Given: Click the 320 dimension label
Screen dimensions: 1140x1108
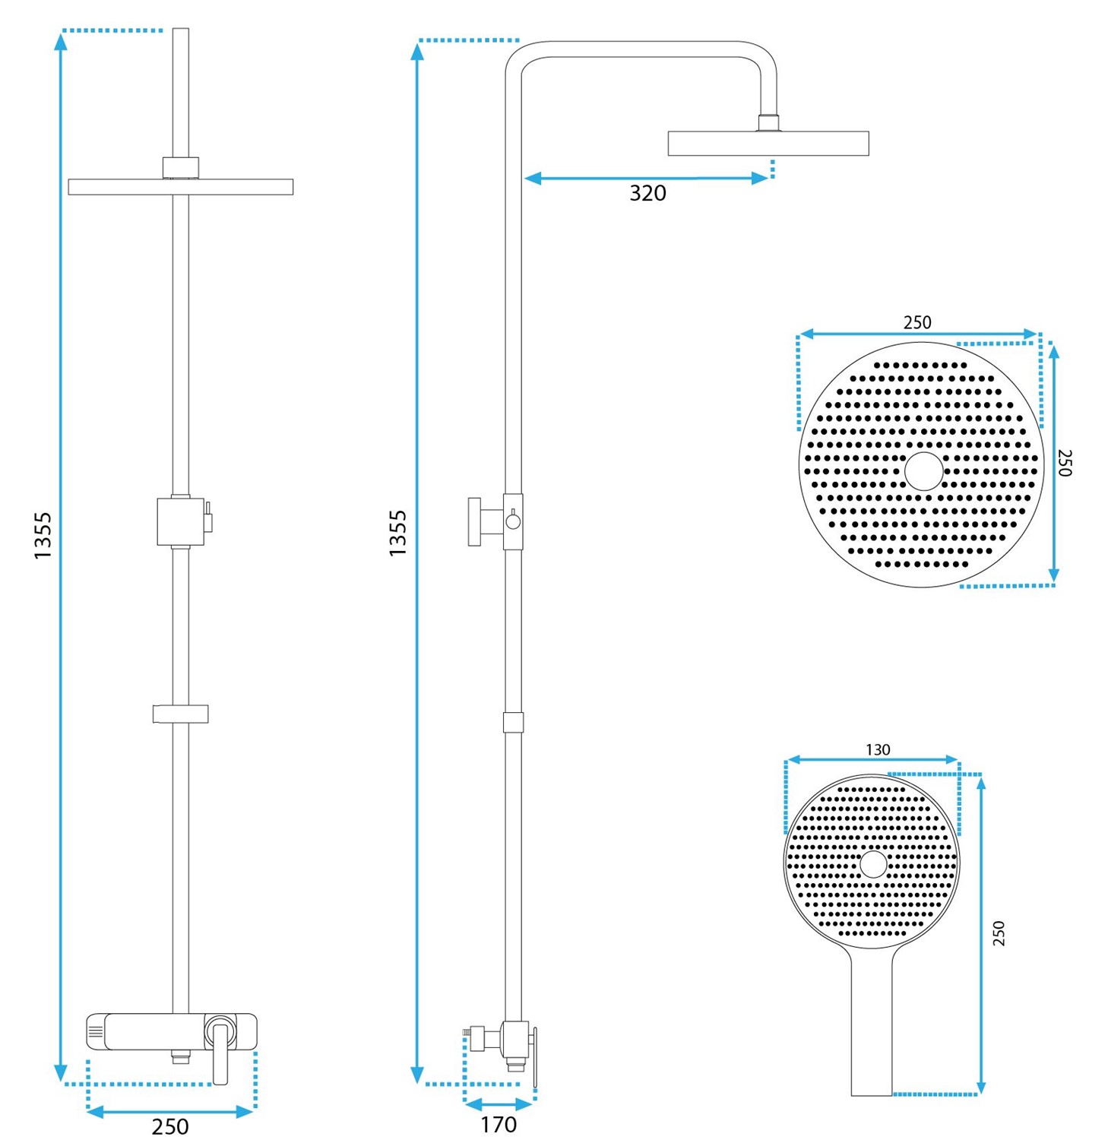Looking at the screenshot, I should pyautogui.click(x=647, y=193).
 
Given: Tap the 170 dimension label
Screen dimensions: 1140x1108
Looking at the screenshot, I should pyautogui.click(x=499, y=1124).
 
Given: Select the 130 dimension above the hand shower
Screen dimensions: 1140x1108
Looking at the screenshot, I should pyautogui.click(x=878, y=749).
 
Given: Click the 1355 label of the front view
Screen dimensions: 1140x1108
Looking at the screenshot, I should pyautogui.click(x=43, y=536).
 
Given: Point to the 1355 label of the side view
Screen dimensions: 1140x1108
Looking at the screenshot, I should pyautogui.click(x=398, y=533).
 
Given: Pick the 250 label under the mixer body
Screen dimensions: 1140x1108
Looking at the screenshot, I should pyautogui.click(x=170, y=1126).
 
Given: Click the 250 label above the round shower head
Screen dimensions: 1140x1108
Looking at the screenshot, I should pyautogui.click(x=917, y=322).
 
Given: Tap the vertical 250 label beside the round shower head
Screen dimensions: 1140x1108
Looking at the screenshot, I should pyautogui.click(x=1065, y=462).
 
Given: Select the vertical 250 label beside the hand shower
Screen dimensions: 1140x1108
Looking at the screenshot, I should pyautogui.click(x=999, y=933).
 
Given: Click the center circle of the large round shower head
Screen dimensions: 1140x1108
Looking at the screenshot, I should pyautogui.click(x=923, y=470).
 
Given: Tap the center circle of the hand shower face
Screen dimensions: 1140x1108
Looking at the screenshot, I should pyautogui.click(x=872, y=864).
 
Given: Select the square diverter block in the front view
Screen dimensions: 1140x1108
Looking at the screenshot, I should pyautogui.click(x=180, y=521).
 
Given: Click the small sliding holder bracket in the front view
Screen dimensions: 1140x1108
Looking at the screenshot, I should pyautogui.click(x=180, y=714).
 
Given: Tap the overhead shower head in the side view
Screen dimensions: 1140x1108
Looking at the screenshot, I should pyautogui.click(x=768, y=143).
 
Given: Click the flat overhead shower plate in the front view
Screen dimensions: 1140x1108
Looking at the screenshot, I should pyautogui.click(x=180, y=187).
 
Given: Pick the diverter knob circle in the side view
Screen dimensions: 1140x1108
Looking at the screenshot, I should pyautogui.click(x=514, y=521).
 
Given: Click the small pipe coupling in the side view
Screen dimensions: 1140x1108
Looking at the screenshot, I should pyautogui.click(x=513, y=722).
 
